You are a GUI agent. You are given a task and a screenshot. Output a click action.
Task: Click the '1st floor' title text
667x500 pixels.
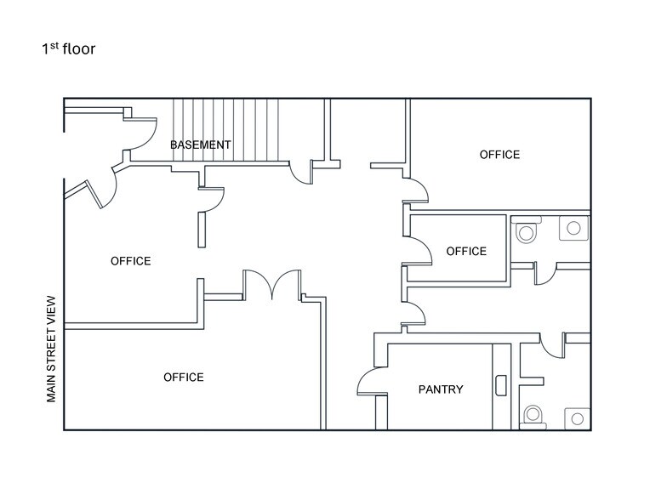point(69,48)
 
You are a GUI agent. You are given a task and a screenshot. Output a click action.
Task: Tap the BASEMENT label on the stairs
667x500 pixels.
point(200,145)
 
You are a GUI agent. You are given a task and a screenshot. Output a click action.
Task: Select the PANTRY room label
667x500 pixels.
point(441,389)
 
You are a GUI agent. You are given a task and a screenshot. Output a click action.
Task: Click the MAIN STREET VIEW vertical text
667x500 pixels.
point(51,349)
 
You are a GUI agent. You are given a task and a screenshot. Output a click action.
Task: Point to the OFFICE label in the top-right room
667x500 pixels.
point(499,155)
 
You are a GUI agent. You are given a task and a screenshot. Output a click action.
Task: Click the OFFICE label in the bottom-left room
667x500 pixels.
point(183,377)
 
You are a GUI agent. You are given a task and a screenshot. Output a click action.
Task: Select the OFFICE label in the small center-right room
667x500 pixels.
point(466,251)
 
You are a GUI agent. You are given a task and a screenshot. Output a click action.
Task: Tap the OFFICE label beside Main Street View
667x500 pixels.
point(130,261)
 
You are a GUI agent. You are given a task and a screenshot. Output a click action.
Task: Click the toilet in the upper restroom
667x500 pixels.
point(527,231)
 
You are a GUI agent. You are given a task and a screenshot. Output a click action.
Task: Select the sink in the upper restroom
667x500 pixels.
point(574,227)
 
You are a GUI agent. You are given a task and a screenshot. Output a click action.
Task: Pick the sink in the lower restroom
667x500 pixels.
point(576,418)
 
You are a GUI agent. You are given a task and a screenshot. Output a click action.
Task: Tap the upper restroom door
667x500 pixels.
point(545,273)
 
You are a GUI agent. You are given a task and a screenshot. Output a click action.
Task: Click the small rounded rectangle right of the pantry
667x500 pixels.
point(501,385)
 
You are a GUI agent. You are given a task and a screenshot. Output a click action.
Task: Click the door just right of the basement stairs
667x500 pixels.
point(301,173)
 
